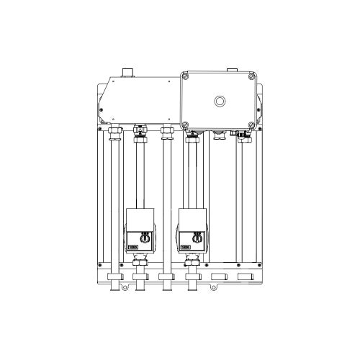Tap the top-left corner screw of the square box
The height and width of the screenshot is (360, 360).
[x=185, y=76]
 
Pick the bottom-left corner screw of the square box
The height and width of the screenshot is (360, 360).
[x=185, y=122]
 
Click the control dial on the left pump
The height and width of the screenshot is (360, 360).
[x=143, y=235]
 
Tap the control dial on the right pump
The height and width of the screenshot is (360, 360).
[x=195, y=235]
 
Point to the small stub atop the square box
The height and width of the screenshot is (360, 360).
[x=232, y=71]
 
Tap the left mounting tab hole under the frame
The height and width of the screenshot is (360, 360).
[x=125, y=289]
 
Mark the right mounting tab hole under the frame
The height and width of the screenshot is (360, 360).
[x=213, y=289]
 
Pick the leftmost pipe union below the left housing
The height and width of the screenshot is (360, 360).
[x=113, y=132]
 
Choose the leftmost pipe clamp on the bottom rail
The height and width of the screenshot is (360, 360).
[x=113, y=277]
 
